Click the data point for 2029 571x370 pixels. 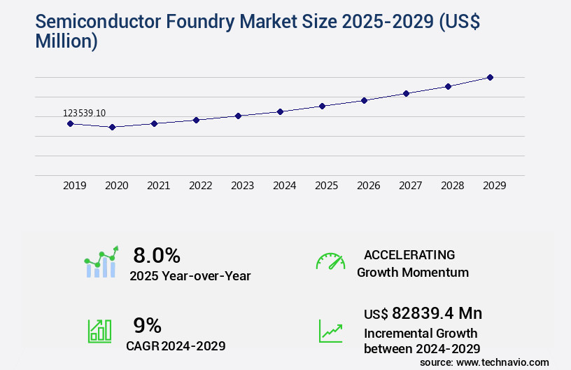[x=490, y=77]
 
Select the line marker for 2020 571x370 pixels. [x=112, y=127]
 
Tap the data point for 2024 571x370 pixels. [x=280, y=111]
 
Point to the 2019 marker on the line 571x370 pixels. [x=70, y=123]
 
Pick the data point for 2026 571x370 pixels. [x=364, y=100]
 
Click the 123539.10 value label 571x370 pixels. [x=84, y=113]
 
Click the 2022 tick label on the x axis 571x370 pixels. [x=200, y=186]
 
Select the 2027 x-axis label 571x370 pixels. [x=410, y=186]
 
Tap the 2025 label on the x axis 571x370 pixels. [x=326, y=186]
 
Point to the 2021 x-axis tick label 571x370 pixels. [x=158, y=186]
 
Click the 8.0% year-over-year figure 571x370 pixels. [x=157, y=255]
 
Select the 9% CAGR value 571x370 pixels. [x=147, y=325]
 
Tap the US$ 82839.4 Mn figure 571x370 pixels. [x=423, y=313]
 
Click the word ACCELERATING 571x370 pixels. [x=409, y=254]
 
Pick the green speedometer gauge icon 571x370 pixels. [x=330, y=261]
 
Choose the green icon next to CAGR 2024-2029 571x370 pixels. [x=99, y=331]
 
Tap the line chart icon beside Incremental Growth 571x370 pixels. [x=330, y=331]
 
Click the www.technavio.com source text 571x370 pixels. [x=503, y=362]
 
